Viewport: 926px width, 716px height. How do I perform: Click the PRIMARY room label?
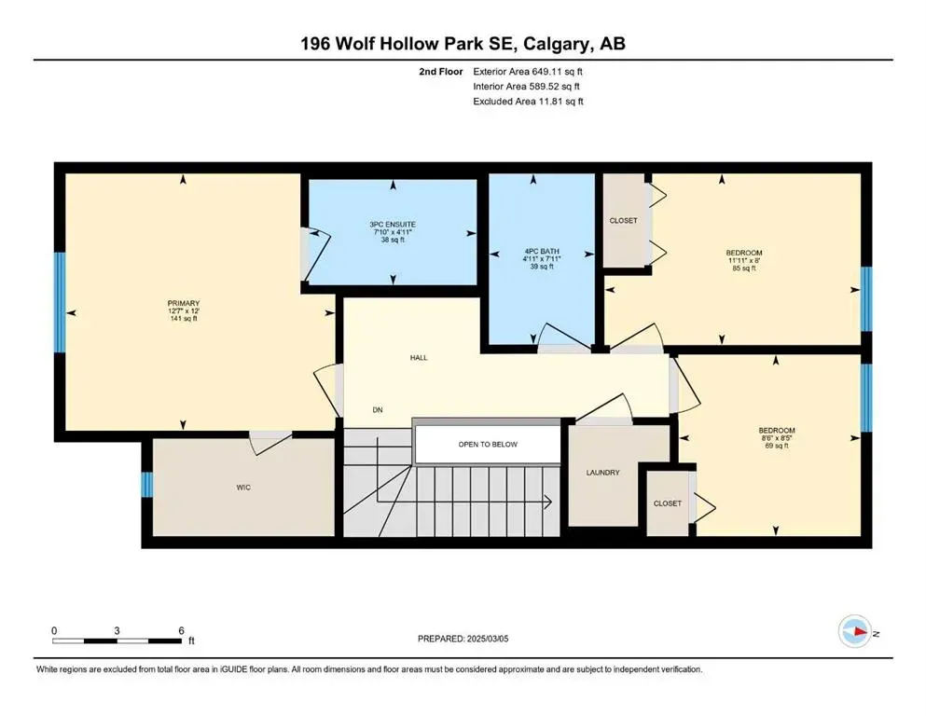pos(183,303)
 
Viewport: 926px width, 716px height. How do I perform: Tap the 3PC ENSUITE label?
pos(392,224)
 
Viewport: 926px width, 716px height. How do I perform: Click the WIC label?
pos(244,487)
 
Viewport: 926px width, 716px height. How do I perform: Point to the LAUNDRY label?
pos(603,473)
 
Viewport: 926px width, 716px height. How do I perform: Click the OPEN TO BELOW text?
pos(487,445)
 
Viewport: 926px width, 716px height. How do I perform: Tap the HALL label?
pos(418,357)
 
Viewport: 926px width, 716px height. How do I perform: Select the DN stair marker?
pos(378,410)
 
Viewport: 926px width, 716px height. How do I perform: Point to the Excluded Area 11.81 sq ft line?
pos(529,102)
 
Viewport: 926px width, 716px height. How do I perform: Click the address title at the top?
pos(463,44)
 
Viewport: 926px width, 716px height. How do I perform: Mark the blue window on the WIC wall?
pos(146,486)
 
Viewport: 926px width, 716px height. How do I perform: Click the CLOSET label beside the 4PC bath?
pos(623,221)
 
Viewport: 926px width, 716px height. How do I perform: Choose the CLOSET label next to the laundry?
pos(667,503)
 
